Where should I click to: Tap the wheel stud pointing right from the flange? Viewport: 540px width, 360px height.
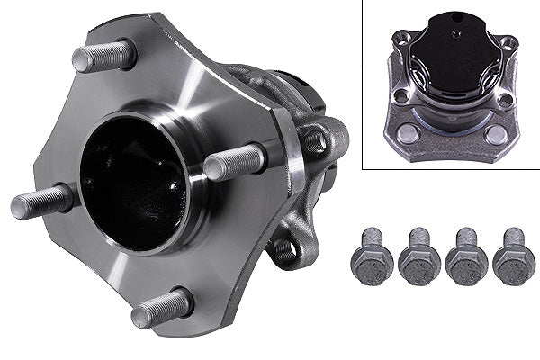(x=234, y=162)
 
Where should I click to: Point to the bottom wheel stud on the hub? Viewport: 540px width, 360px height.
(x=162, y=308)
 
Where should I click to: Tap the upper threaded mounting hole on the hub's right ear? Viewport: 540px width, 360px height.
(x=316, y=140)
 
